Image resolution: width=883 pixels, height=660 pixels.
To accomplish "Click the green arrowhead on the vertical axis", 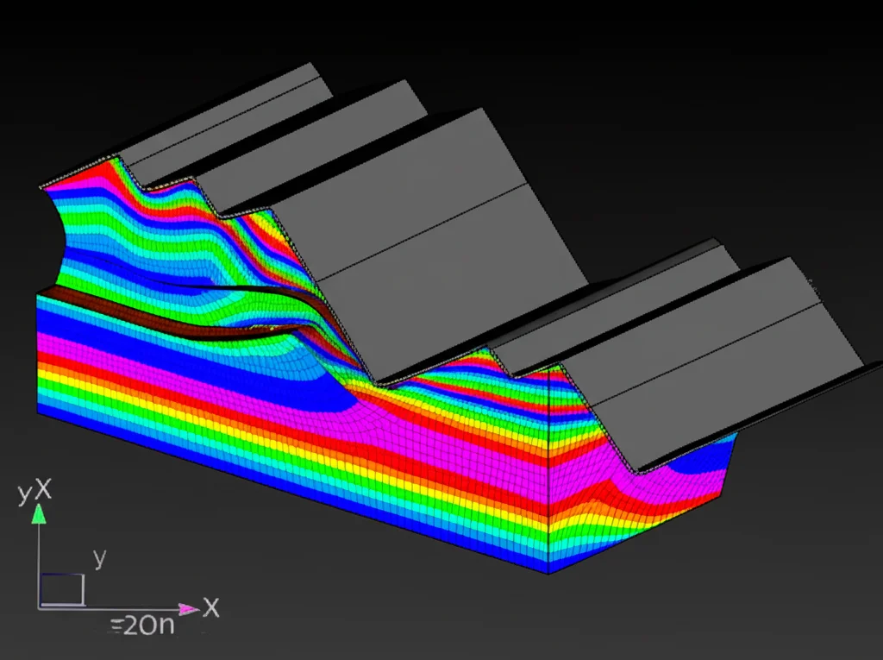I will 38,515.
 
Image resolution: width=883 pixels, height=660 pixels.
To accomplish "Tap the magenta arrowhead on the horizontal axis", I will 191,609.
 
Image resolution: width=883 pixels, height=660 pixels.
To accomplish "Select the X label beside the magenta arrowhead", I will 211,607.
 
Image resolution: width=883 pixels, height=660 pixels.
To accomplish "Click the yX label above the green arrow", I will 35,493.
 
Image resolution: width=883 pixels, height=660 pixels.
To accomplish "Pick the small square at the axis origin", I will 61,590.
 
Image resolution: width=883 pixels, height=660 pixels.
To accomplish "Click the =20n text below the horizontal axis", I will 142,625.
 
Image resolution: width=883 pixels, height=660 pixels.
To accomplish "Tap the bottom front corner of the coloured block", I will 549,573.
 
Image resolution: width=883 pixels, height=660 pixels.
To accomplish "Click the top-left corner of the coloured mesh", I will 41,187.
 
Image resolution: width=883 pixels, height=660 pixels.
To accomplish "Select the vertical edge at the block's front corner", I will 549,475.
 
